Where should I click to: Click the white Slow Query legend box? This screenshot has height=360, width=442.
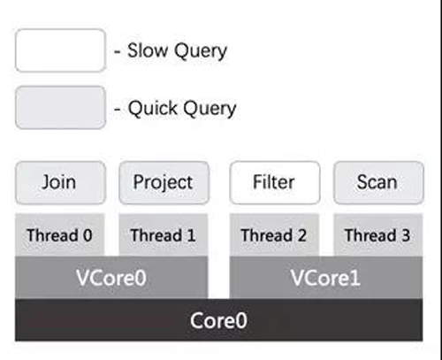coord(60,50)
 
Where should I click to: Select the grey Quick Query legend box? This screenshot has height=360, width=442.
coord(60,108)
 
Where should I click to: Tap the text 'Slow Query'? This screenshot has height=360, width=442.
coord(177,51)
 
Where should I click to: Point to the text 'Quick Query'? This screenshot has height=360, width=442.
coord(182,108)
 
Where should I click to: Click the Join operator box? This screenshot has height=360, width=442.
coord(60,182)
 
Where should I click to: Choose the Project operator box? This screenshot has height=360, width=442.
coord(164,182)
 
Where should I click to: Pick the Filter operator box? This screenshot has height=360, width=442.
coord(275,182)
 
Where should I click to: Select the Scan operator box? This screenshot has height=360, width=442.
coord(378,182)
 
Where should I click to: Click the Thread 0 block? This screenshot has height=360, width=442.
coord(60,235)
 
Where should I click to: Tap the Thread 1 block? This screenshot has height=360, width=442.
coord(164,235)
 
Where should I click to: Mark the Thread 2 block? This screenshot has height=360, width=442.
coord(274,235)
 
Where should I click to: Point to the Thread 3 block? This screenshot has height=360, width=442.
coord(378,235)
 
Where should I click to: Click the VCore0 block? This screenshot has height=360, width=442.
coord(111,278)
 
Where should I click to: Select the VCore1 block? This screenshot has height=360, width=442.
coord(326,278)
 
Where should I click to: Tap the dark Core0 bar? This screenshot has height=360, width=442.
coord(219,320)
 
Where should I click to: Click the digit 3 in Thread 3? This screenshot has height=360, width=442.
coord(406,235)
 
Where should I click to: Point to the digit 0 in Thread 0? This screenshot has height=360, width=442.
coord(88,235)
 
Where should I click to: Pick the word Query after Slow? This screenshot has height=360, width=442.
coord(201,51)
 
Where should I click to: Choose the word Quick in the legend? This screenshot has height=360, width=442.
coord(152,108)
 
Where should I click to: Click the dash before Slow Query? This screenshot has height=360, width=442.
coord(118,52)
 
